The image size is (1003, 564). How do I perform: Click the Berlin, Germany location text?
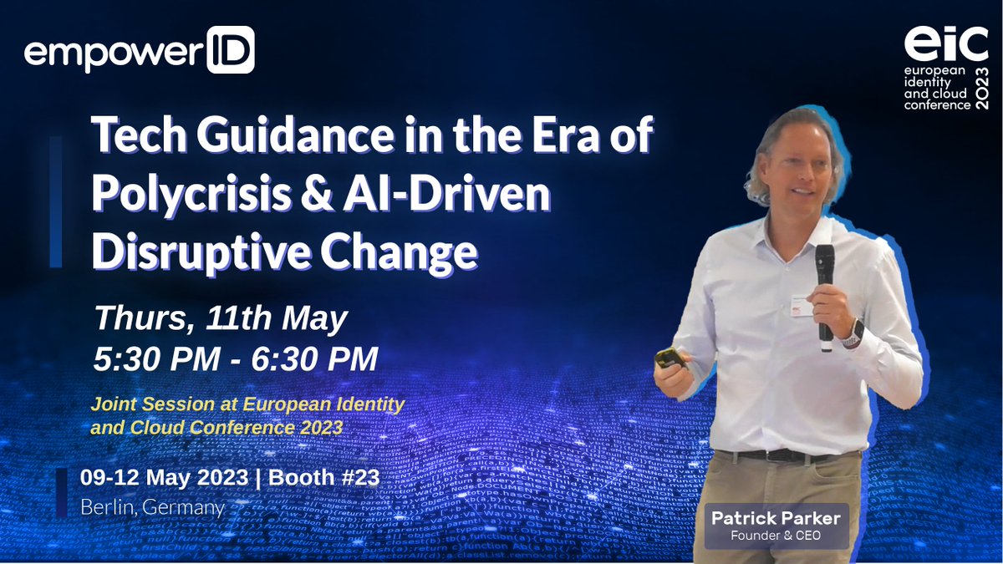tap(153, 506)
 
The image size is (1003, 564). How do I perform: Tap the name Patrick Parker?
tap(776, 519)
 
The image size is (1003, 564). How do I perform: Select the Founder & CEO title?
tap(776, 536)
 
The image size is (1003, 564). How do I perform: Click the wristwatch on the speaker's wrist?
tap(852, 333)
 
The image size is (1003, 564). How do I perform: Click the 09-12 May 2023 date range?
tap(164, 478)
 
